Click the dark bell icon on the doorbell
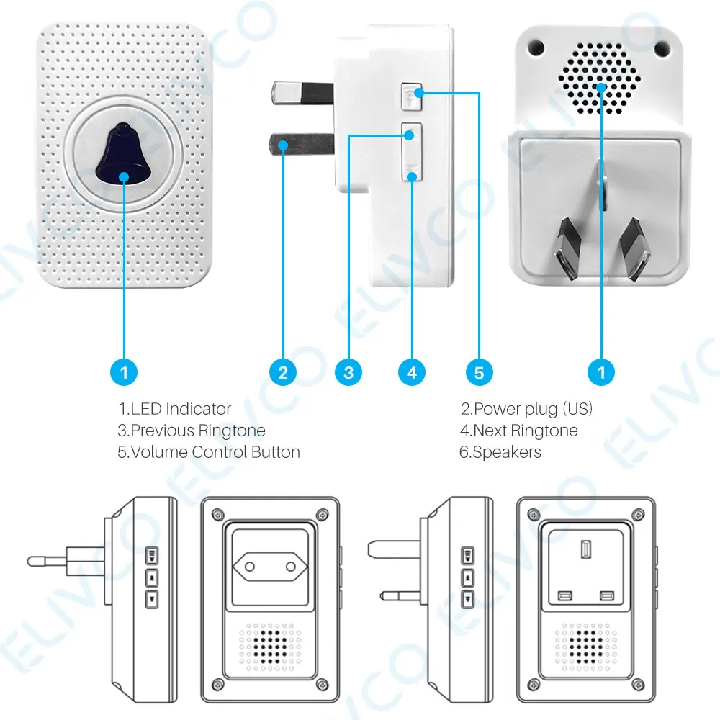click(124, 154)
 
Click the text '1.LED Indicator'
click(174, 409)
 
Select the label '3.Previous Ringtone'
click(191, 431)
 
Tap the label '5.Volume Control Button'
click(208, 452)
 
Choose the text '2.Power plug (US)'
click(526, 409)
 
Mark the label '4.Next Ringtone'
click(518, 431)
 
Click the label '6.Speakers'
click(500, 452)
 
